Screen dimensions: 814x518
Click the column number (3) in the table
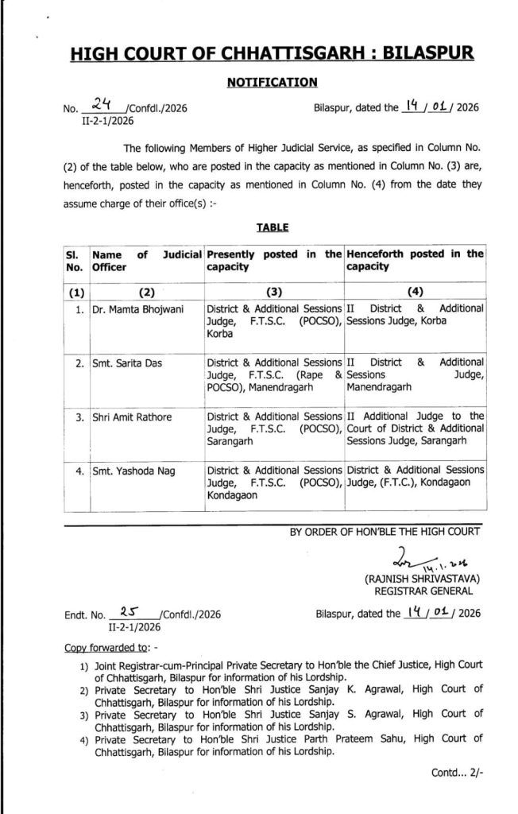tap(274, 291)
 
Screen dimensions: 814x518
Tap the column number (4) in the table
tap(415, 291)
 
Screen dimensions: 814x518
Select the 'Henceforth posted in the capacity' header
tap(415, 261)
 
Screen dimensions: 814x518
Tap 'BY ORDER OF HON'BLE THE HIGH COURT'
tap(385, 534)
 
